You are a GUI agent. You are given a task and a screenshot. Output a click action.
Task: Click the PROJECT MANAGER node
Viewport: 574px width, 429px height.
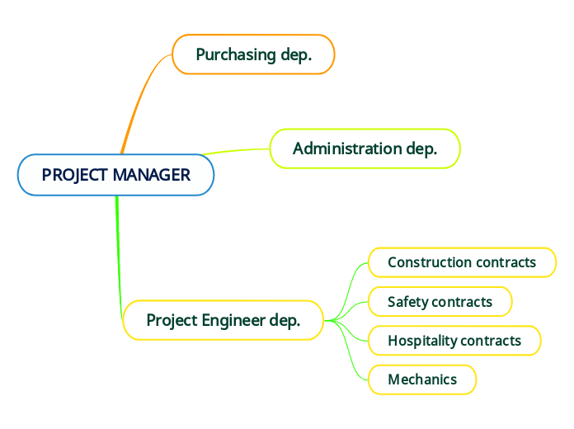(x=115, y=175)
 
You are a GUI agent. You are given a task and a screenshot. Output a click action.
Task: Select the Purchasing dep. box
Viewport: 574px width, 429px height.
(x=253, y=54)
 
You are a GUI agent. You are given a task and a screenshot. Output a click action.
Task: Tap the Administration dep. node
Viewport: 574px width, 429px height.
(x=365, y=148)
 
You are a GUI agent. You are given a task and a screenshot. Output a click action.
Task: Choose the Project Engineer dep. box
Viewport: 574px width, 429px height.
(x=223, y=320)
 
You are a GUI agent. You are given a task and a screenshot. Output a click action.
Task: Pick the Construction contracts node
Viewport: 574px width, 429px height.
(x=461, y=262)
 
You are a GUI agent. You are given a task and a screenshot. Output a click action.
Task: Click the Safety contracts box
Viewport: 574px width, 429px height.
(x=440, y=301)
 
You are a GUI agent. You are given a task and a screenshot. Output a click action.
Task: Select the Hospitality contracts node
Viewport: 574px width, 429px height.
(x=454, y=340)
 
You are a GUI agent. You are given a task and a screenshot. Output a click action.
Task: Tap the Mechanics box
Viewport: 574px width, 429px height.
(x=421, y=379)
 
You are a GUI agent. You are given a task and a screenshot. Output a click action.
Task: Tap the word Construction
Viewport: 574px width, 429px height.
(x=423, y=262)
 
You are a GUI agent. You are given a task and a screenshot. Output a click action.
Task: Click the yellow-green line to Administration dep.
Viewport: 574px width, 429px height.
(x=239, y=150)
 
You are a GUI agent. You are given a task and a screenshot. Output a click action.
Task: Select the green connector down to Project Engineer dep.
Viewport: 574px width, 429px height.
(x=119, y=247)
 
